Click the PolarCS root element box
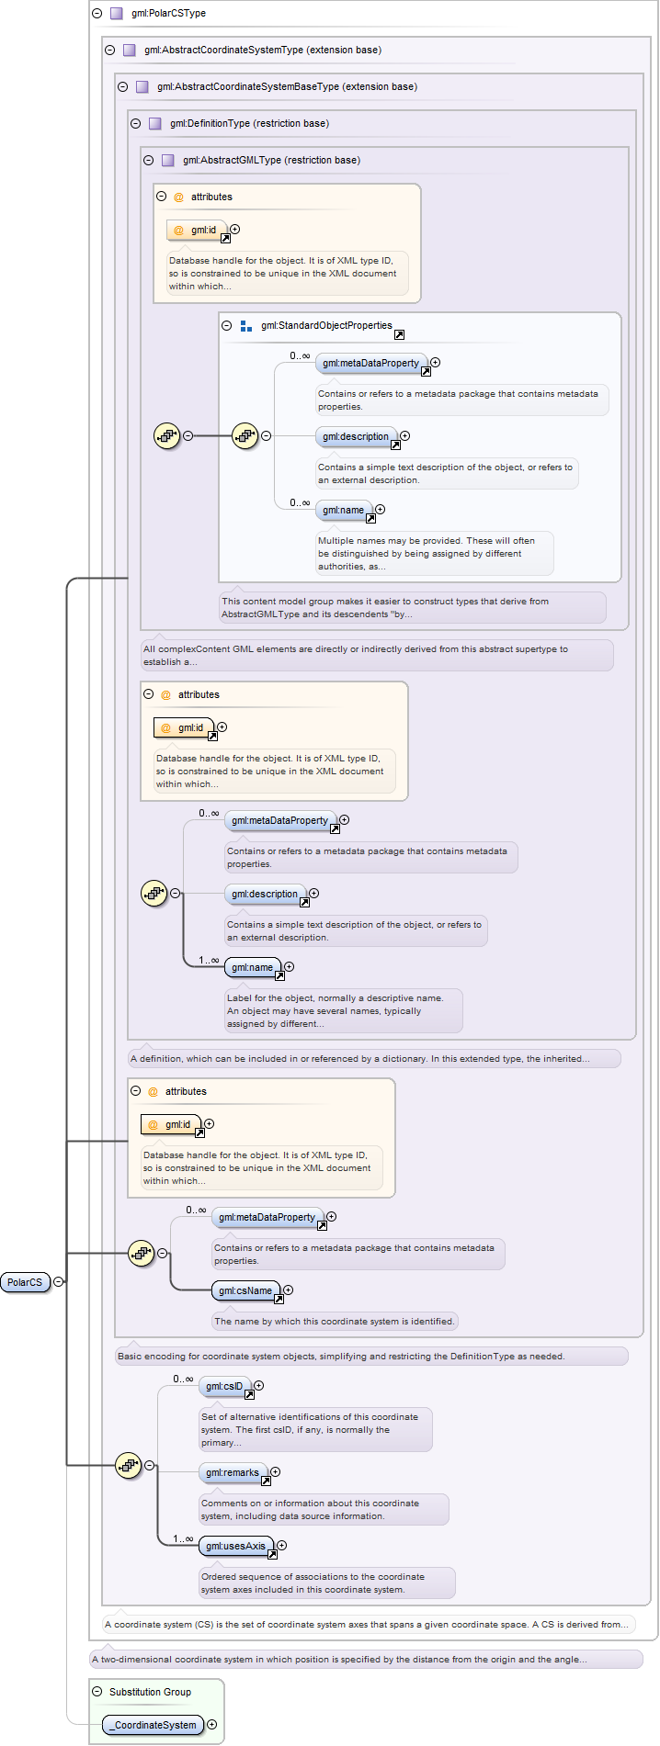[25, 1282]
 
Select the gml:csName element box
[245, 1290]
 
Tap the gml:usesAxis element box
[236, 1546]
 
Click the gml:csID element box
[225, 1386]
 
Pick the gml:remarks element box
[233, 1472]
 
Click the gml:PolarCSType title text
[168, 13]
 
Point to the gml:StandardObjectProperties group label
[326, 325]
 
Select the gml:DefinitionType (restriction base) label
[249, 123]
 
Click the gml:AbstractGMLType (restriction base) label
[271, 160]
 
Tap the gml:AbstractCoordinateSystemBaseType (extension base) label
[287, 86]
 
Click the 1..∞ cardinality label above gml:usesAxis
[184, 1538]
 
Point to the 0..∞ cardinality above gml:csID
[184, 1379]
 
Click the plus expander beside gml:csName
[288, 1290]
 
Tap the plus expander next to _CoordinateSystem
[211, 1725]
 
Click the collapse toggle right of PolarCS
[59, 1282]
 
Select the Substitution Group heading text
[150, 1692]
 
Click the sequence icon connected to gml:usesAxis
[128, 1466]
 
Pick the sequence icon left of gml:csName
[141, 1253]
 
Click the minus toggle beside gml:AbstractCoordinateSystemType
[110, 51]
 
